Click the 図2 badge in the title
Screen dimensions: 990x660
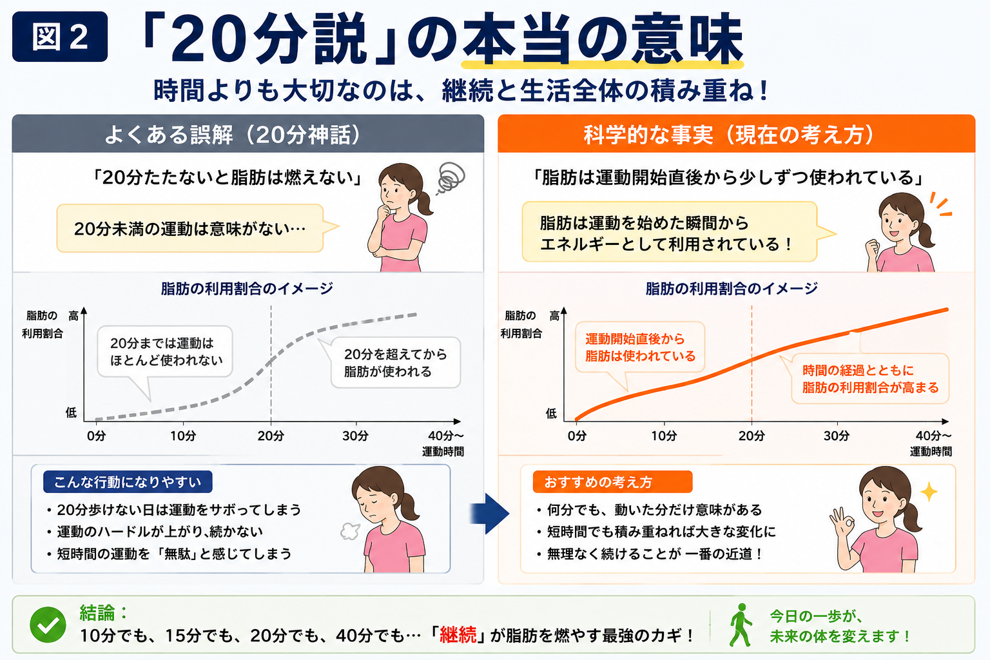[x=60, y=37]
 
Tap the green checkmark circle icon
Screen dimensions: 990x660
[x=48, y=624]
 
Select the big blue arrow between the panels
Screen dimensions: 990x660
[x=490, y=514]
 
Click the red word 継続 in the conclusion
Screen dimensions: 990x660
[x=458, y=636]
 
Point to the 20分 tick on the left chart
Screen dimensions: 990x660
[x=271, y=436]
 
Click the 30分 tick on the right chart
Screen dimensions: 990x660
[x=836, y=436]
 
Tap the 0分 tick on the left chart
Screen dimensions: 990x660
[x=96, y=436]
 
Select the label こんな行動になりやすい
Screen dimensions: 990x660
[x=128, y=482]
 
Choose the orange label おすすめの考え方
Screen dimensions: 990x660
[x=612, y=482]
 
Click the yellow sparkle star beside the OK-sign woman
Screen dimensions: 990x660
[x=929, y=492]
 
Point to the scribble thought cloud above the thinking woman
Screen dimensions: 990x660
[x=451, y=179]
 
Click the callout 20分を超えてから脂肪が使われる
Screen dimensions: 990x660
[x=395, y=362]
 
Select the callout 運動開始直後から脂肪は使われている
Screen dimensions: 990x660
[x=639, y=347]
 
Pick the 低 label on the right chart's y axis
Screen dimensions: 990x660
[x=551, y=413]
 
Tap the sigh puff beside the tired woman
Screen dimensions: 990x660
[x=350, y=531]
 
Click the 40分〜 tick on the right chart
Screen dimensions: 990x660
[x=933, y=436]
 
